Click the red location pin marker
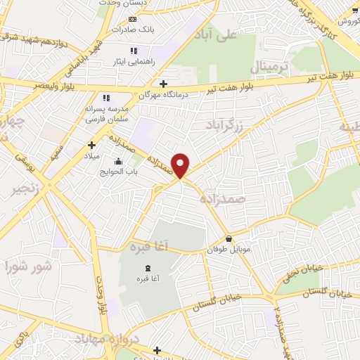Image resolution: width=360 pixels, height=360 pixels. (x=181, y=165)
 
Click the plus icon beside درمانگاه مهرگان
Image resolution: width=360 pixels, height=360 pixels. (x=164, y=82)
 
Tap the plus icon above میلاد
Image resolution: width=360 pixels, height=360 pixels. (x=91, y=144)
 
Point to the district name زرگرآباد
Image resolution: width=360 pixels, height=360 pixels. (x=226, y=126)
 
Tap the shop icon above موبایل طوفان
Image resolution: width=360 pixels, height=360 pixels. (x=229, y=238)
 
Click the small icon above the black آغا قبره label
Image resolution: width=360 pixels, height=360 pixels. (x=148, y=268)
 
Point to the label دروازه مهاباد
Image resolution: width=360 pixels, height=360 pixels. (x=104, y=340)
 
